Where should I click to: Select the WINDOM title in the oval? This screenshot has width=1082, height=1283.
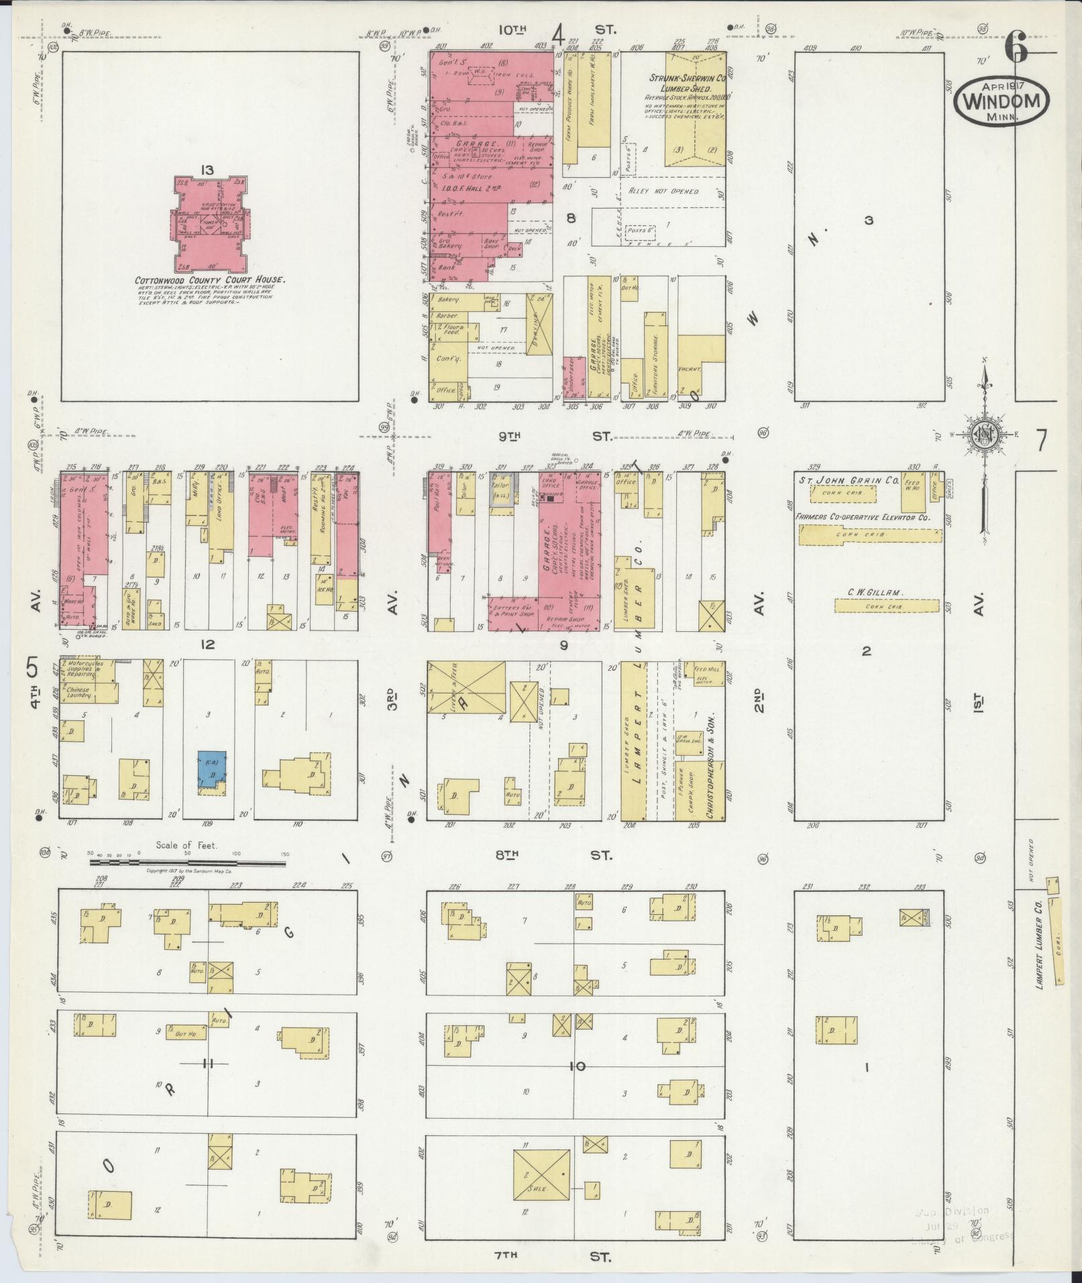(1002, 103)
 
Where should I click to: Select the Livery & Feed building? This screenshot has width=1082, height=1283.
(467, 687)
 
